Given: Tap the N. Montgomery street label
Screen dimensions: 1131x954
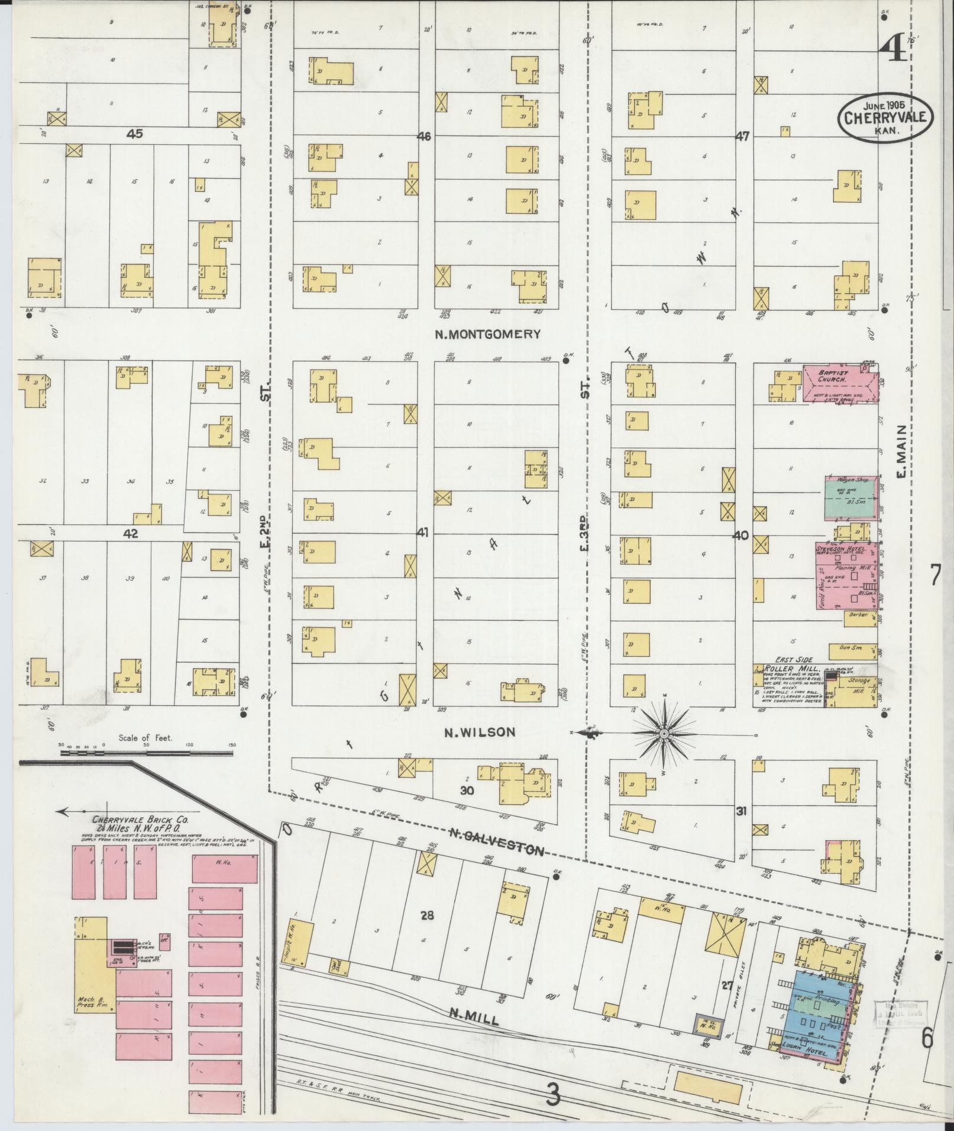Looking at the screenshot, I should pos(488,335).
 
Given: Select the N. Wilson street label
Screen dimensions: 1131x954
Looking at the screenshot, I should pos(480,733).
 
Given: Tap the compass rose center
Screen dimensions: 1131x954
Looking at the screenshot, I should pos(664,734).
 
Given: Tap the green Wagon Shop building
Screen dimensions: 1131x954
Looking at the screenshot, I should pos(850,498).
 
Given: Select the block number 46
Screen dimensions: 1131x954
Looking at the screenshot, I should pos(423,137).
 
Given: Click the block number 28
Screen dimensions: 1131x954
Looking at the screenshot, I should pos(427,916).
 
